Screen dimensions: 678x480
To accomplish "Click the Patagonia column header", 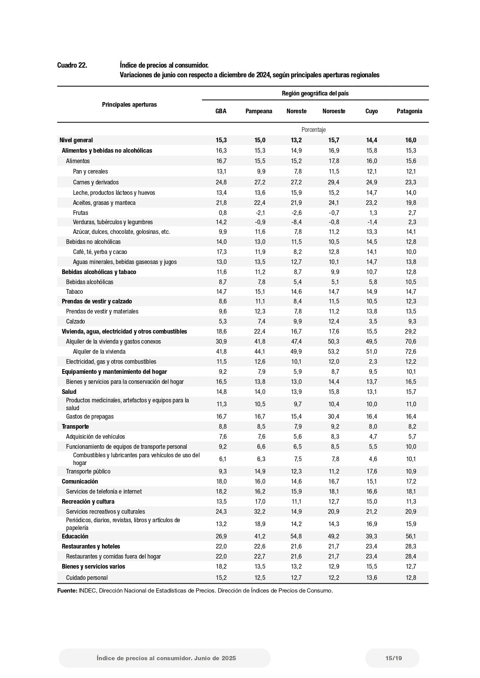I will tap(409, 111).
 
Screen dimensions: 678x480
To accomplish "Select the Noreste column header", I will tap(296, 111).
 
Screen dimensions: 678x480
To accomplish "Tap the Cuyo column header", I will tap(371, 111).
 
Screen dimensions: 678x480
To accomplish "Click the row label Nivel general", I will tap(76, 140).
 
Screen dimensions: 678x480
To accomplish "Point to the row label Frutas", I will tap(80, 213).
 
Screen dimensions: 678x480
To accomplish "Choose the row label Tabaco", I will tap(74, 292).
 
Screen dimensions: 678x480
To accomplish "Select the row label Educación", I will tap(75, 537).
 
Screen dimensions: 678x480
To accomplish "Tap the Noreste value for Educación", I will tap(296, 537).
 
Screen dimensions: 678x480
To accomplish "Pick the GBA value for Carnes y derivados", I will tap(221, 182).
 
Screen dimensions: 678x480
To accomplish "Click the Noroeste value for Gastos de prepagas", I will tap(334, 417).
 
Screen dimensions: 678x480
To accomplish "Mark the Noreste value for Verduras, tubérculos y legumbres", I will tap(296, 222).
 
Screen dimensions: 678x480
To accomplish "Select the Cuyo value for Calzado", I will tap(373, 322).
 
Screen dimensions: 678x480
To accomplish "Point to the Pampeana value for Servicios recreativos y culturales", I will tap(259, 512).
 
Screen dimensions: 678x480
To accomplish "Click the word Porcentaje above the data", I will tap(313, 130).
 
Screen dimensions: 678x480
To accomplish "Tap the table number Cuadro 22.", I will tap(72, 65).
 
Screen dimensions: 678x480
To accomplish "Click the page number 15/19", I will tap(393, 658).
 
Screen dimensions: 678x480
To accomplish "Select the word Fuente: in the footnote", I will tap(67, 591).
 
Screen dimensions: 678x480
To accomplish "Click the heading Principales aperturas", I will tap(129, 105).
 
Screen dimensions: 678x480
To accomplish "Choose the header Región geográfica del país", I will tap(315, 94).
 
